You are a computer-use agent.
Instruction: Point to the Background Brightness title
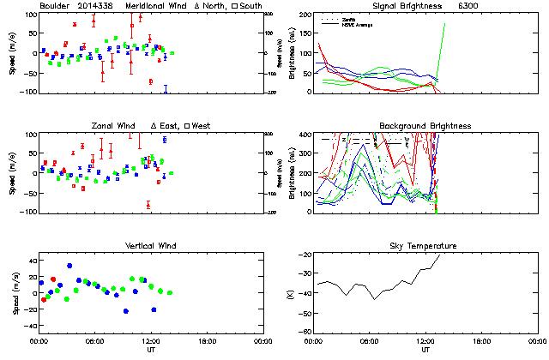pos(425,126)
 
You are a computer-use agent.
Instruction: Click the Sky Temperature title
pos(425,246)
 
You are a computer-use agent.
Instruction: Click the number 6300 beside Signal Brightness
pos(469,6)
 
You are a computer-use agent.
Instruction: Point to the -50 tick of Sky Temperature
pos(305,314)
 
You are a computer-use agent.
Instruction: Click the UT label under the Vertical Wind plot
pos(148,350)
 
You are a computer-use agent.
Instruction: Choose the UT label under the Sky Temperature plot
pos(425,350)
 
